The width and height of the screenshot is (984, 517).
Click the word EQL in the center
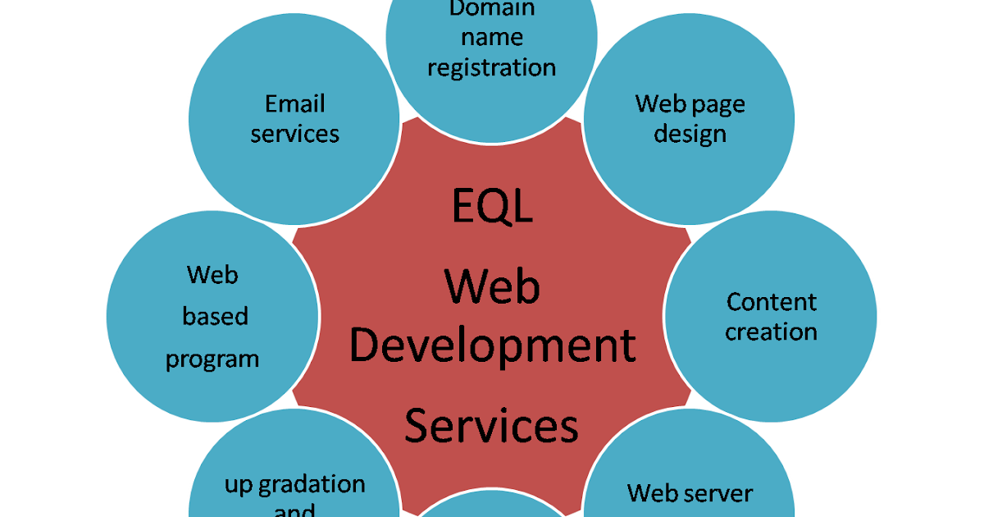click(x=492, y=206)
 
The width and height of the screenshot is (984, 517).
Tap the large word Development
click(x=492, y=346)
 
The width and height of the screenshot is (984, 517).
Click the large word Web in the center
click(x=492, y=287)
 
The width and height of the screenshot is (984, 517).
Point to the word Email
click(x=295, y=104)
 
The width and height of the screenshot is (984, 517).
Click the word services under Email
click(x=295, y=134)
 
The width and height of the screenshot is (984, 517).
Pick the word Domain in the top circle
click(x=492, y=10)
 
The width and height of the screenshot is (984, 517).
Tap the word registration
click(x=492, y=67)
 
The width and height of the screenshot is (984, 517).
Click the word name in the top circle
click(x=492, y=39)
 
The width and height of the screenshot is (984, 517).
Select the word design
click(x=690, y=135)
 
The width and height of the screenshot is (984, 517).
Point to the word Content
click(x=772, y=302)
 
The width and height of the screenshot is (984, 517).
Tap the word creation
click(x=772, y=332)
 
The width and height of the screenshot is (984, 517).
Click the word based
click(x=215, y=317)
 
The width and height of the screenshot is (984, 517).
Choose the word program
click(x=212, y=359)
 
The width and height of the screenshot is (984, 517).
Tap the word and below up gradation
click(x=294, y=510)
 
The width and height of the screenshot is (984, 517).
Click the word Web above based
click(x=212, y=274)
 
